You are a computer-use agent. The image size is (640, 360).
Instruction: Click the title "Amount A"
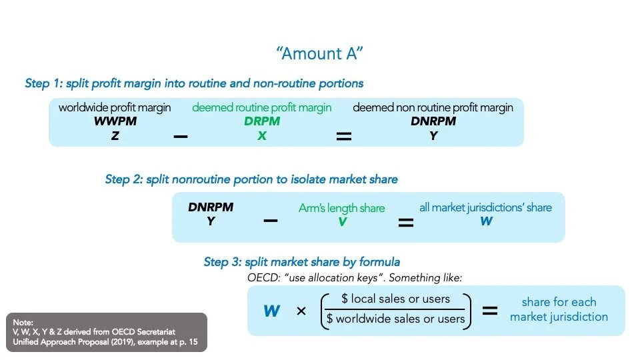[x=321, y=54]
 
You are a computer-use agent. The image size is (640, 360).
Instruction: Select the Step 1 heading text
[x=194, y=83]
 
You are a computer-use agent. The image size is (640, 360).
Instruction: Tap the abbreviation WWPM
[x=115, y=122]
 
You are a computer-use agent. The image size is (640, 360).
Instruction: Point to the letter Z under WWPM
[x=115, y=135]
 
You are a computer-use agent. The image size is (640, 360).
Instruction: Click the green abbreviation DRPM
[x=261, y=122]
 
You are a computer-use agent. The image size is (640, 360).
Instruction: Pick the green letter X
[x=261, y=135]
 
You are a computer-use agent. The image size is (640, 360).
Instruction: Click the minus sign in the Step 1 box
[x=180, y=136]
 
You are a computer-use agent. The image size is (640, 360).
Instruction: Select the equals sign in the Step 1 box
[x=344, y=136]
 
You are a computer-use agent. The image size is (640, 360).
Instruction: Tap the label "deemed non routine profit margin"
[x=433, y=108]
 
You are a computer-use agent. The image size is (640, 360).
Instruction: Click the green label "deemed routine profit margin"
[x=261, y=108]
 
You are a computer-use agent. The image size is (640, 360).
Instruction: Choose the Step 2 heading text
[x=251, y=179]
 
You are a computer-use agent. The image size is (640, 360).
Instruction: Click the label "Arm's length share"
[x=341, y=208]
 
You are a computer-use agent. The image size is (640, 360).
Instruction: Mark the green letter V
[x=342, y=222]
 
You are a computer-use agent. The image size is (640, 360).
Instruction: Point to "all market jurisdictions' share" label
[x=485, y=207]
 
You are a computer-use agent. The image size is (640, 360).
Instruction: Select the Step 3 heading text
[x=302, y=262]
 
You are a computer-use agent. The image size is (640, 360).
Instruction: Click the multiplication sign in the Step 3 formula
[x=301, y=311]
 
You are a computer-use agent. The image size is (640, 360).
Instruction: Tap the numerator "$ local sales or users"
[x=395, y=299]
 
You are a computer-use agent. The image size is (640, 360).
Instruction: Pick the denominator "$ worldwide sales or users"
[x=395, y=319]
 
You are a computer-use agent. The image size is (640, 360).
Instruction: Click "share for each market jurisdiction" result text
[x=559, y=309]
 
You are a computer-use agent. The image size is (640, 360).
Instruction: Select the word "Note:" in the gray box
[x=24, y=321]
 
